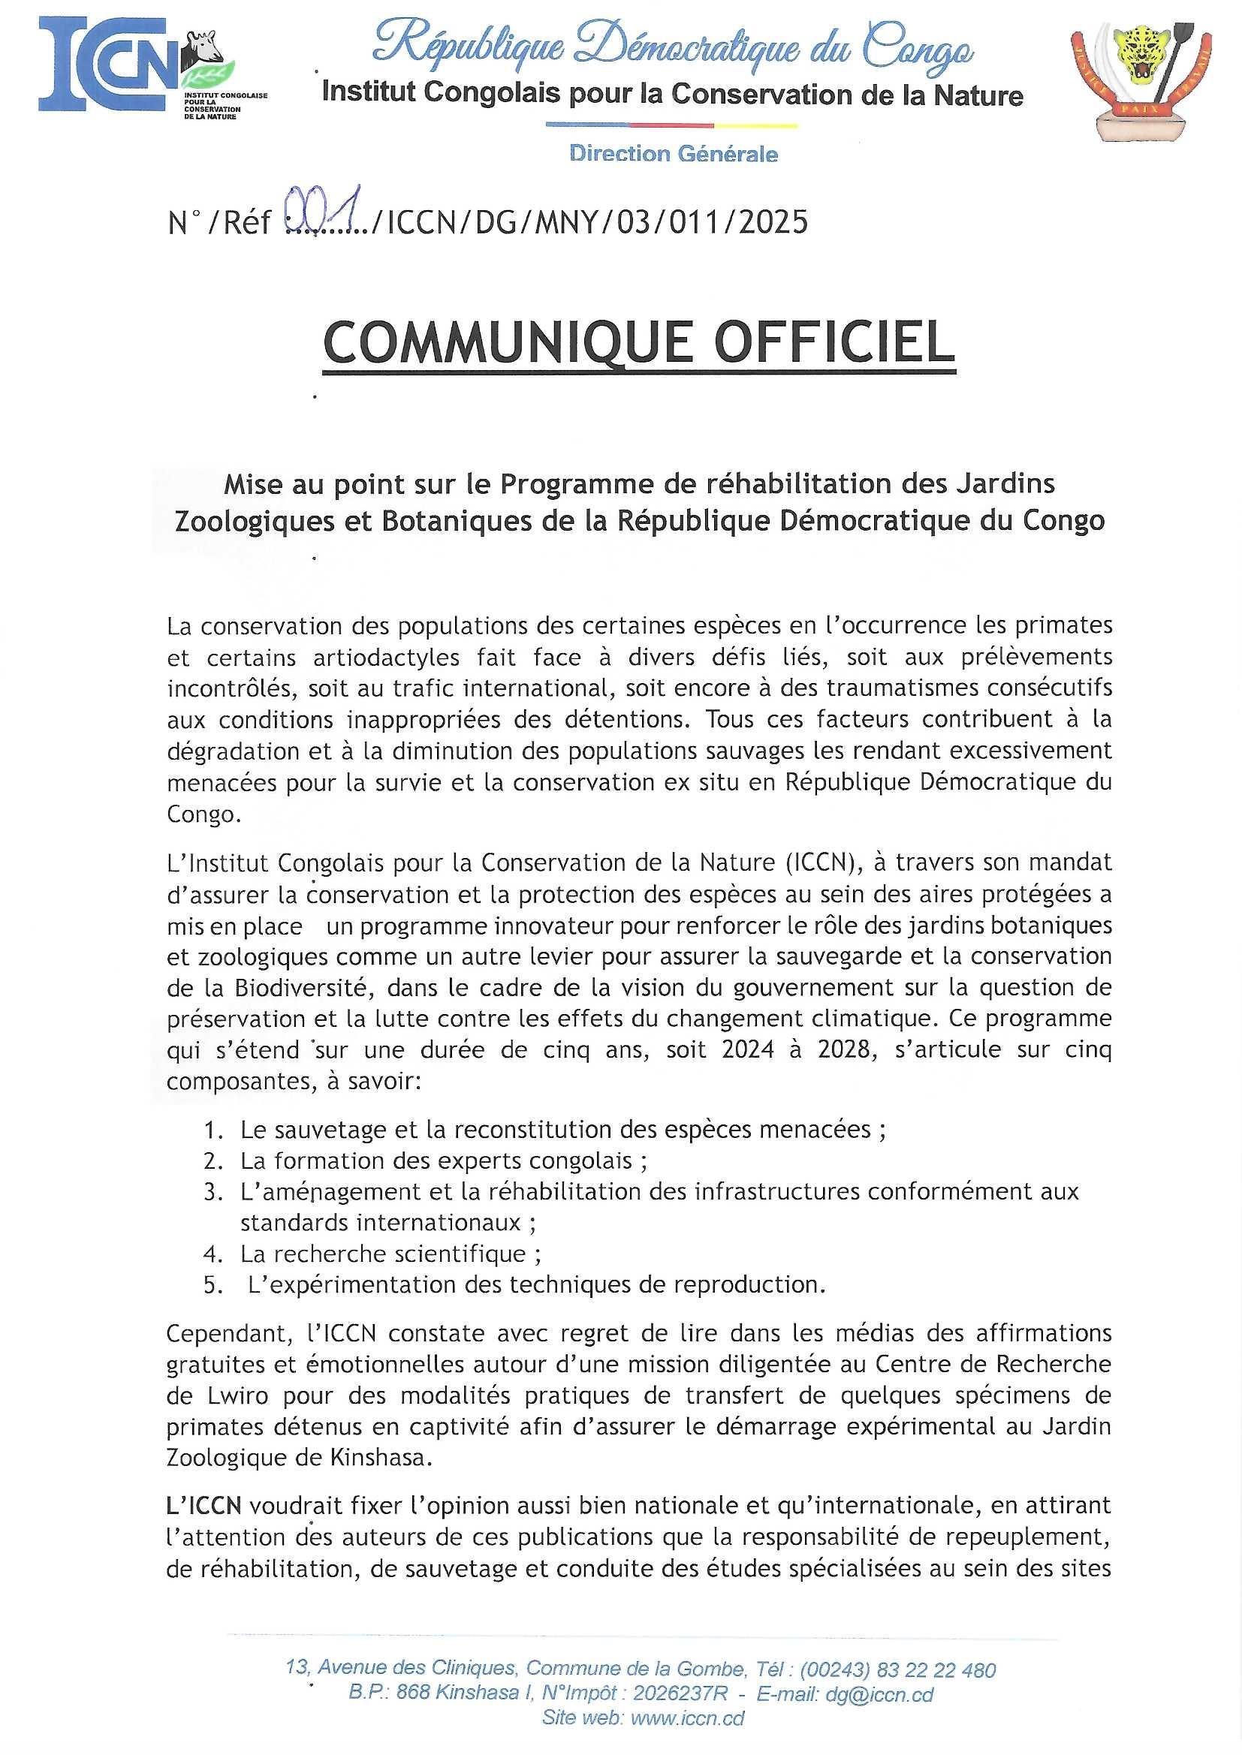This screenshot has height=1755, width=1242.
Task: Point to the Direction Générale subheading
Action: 674,155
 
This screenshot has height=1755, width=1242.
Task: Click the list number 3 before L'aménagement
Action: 212,1192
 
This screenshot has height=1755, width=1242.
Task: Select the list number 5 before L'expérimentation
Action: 212,1285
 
